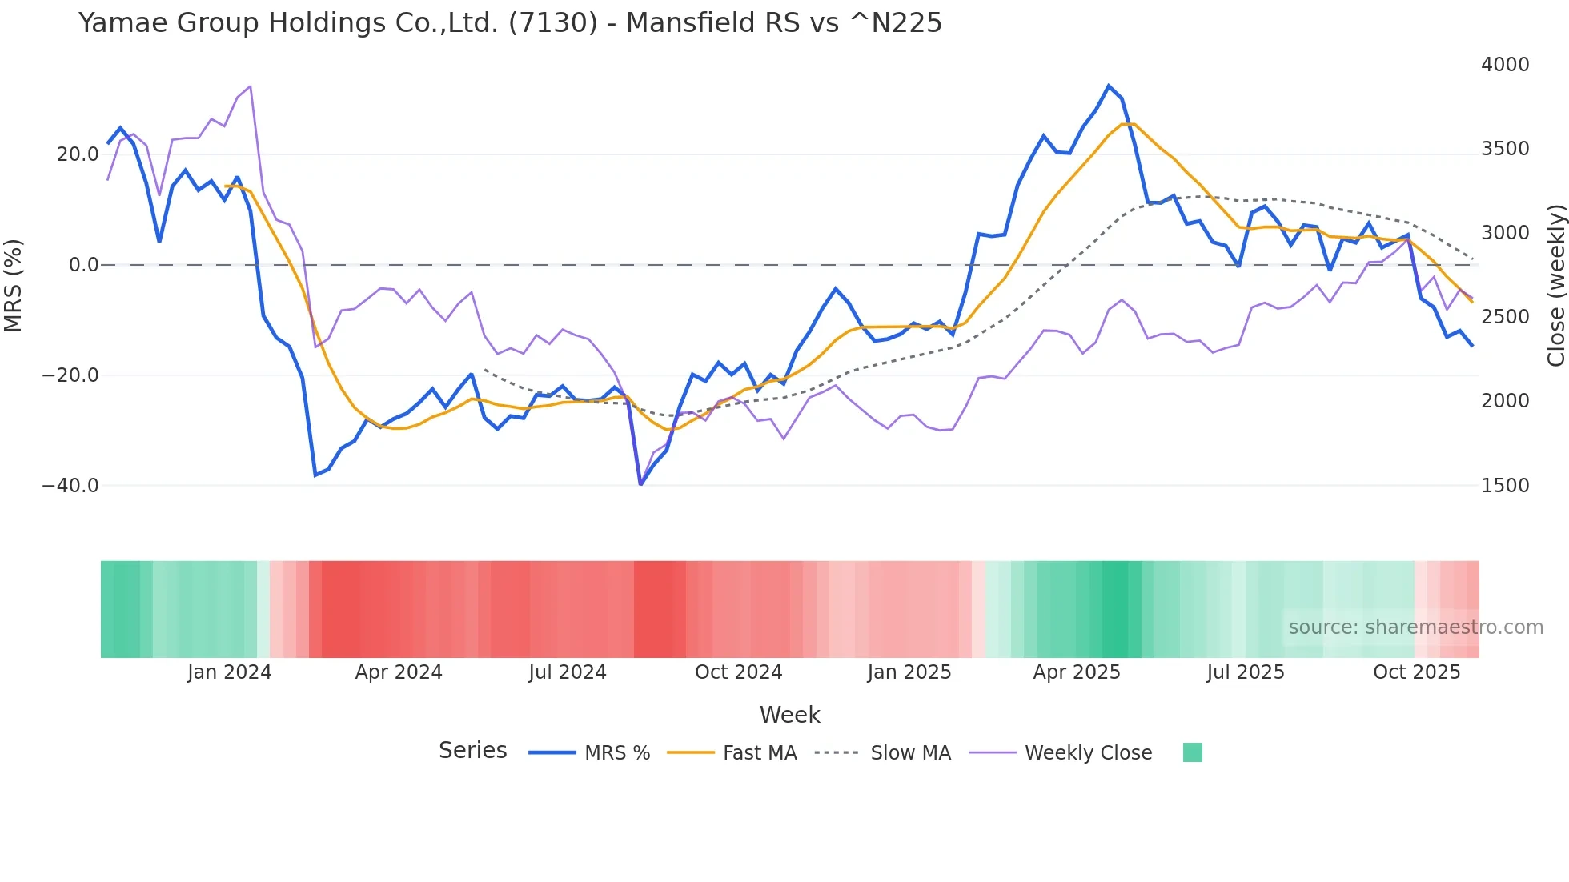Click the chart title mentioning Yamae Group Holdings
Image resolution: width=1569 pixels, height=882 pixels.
510,23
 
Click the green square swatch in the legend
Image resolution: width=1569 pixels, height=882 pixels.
1192,752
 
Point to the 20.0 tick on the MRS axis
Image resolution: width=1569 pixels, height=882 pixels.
78,154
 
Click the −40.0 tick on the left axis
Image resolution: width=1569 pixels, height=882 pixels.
70,486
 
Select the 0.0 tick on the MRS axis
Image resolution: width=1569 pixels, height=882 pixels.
84,265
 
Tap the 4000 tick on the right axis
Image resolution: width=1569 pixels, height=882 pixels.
1505,65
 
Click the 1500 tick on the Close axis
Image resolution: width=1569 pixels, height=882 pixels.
1505,486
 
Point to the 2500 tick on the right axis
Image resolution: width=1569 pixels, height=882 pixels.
1505,317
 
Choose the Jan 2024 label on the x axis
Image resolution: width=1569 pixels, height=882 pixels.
229,672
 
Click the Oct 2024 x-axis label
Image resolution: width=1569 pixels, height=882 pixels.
738,672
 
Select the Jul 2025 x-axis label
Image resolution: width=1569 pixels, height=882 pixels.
1245,672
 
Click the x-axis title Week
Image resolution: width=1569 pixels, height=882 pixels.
789,715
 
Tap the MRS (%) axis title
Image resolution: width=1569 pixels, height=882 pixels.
14,285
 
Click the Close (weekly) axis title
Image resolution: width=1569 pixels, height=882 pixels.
1555,285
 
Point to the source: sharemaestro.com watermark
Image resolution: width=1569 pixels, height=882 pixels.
1415,627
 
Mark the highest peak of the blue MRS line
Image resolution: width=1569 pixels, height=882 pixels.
1109,86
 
